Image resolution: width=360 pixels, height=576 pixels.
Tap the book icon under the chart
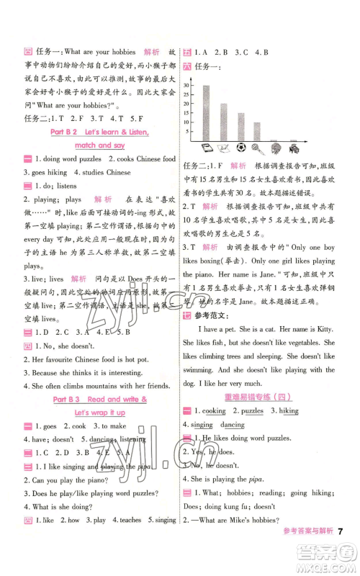[x=205, y=148]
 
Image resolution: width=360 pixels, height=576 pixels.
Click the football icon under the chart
[x=260, y=148]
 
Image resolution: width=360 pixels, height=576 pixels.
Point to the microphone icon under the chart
[x=276, y=148]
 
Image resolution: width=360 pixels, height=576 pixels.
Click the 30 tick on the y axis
[x=188, y=85]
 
